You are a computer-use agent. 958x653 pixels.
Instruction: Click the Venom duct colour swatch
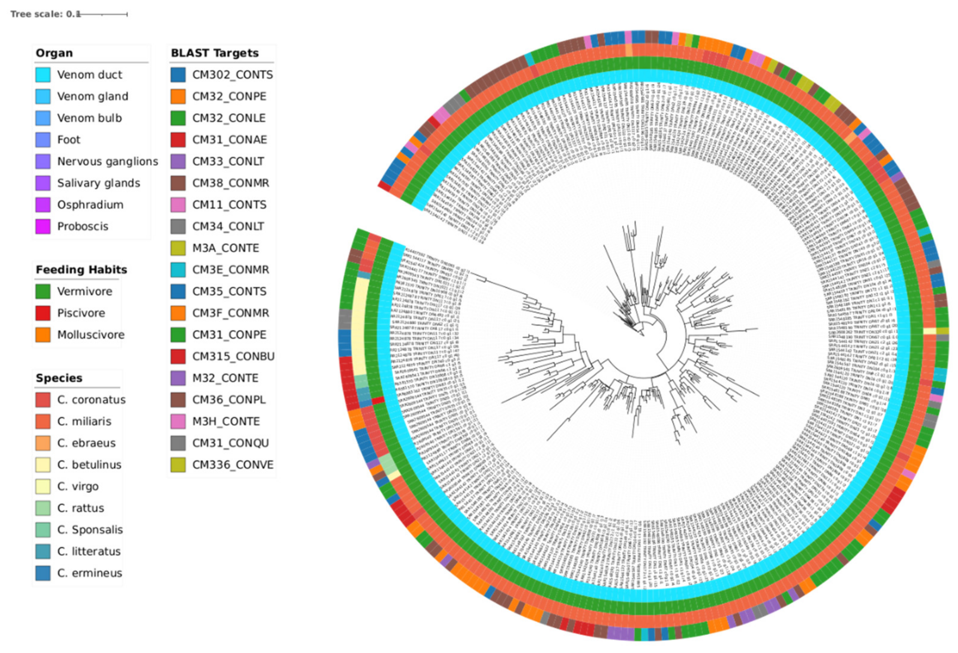click(x=43, y=75)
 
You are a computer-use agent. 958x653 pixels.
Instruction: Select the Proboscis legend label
click(x=83, y=226)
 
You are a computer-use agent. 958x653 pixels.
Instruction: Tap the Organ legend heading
click(x=54, y=53)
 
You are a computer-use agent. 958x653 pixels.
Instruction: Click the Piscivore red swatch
click(x=43, y=313)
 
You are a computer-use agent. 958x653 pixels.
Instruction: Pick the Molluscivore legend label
click(x=91, y=335)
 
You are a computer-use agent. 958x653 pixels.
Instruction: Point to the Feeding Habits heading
click(x=81, y=269)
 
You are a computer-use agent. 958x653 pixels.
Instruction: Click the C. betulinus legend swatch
click(x=43, y=465)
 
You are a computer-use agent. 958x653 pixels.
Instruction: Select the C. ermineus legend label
click(x=89, y=573)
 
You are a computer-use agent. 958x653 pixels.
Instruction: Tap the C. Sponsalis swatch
click(x=43, y=530)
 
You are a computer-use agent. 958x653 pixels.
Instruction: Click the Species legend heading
click(x=59, y=378)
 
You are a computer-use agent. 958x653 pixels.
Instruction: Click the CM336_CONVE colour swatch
click(x=178, y=465)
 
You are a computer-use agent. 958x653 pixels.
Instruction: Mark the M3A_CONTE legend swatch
click(x=178, y=248)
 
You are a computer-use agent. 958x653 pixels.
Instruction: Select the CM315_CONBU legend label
click(x=233, y=356)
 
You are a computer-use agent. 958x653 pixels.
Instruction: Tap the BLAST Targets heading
click(x=215, y=53)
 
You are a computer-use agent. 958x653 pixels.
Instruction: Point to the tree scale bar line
click(x=103, y=14)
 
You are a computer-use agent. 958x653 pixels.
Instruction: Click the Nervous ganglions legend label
click(x=107, y=161)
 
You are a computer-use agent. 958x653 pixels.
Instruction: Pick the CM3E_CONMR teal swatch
click(x=178, y=269)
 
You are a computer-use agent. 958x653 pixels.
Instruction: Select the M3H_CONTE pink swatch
click(x=178, y=421)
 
